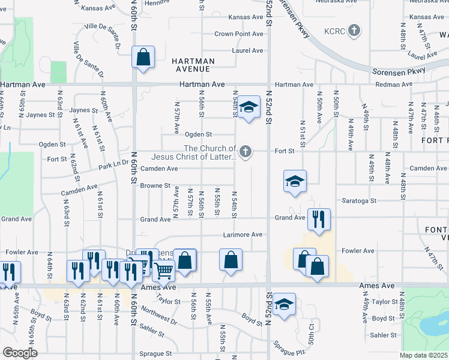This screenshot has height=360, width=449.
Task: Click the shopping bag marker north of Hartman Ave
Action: click(143, 58)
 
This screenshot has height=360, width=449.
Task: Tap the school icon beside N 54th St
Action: click(248, 108)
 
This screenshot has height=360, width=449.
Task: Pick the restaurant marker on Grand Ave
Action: click(319, 219)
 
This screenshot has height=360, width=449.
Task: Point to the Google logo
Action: click(20, 353)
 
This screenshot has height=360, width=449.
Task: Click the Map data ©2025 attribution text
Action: click(423, 355)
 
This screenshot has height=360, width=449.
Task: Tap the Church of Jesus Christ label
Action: click(209, 153)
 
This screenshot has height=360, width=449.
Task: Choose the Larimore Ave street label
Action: click(243, 235)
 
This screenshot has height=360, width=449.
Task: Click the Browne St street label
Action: click(155, 186)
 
